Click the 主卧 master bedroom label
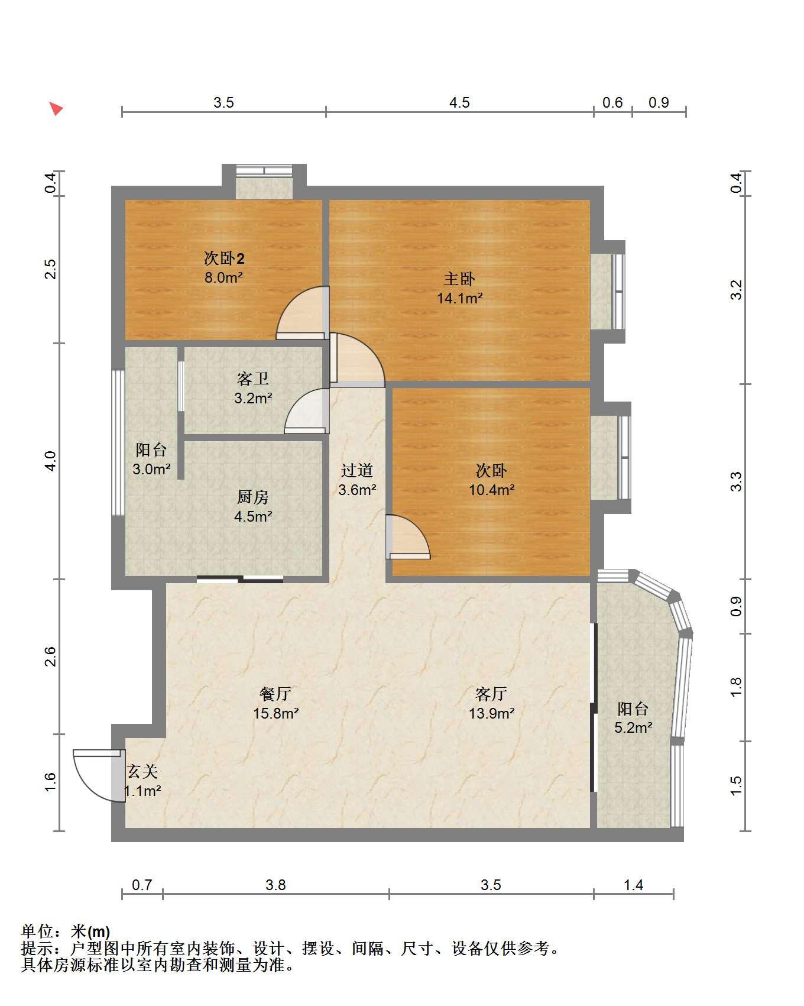[459, 278]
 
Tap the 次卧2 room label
[224, 258]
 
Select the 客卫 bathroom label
[253, 379]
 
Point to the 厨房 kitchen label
[253, 497]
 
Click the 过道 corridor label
[357, 470]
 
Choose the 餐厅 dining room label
[275, 693]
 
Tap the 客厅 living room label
[491, 693]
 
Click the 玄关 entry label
[142, 771]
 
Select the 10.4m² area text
[492, 490]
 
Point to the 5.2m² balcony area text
[633, 727]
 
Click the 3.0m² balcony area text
[151, 470]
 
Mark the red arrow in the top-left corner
[56, 109]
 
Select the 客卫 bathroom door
[306, 411]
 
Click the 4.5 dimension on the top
[459, 103]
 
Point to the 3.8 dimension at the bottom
[275, 885]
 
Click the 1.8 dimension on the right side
[735, 687]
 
